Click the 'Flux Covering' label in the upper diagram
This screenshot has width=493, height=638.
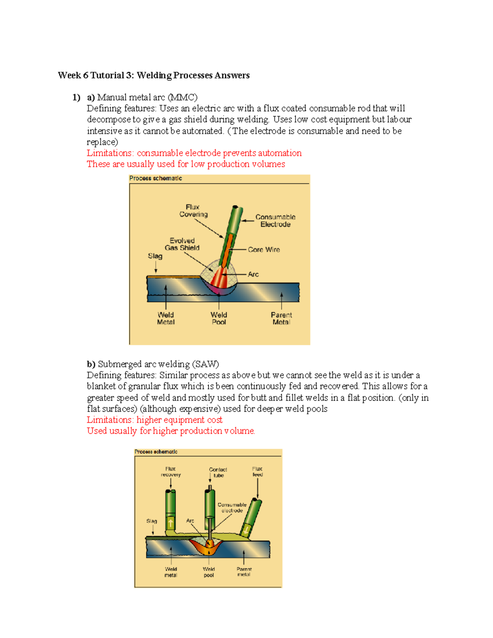coord(193,211)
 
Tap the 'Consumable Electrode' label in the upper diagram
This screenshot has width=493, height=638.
coord(275,221)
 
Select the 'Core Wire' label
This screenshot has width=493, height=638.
coord(264,250)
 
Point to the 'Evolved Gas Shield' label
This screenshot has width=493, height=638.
coord(182,244)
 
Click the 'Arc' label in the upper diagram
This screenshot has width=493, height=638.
coord(253,274)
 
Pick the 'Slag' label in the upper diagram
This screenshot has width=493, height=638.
coord(155,256)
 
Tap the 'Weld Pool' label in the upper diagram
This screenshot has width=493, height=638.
coord(219,318)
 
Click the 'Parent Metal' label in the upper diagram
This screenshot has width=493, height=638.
coord(281,318)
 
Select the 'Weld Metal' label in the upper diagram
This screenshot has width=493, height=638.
coord(166,318)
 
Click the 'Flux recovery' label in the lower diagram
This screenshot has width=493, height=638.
coord(170,472)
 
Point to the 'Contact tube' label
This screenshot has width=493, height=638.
coord(218,472)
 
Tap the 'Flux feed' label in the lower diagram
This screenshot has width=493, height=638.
coord(257,472)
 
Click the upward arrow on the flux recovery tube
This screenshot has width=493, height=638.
coord(170,523)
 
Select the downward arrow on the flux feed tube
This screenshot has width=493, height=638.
coord(246,530)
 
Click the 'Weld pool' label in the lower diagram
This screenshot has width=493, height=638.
coord(209,572)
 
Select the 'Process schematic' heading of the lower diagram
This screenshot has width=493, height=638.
coord(156,451)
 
